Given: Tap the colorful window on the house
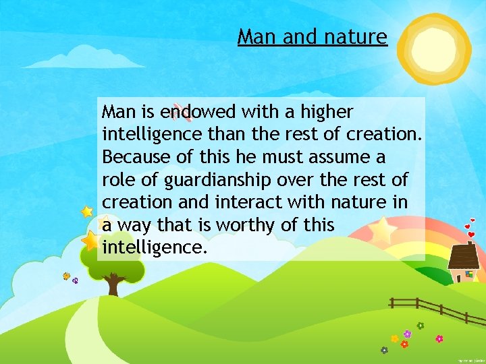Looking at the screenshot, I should pos(468,274).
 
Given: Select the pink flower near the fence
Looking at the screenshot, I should pos(439,338).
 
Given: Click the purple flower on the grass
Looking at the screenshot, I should pos(407,334).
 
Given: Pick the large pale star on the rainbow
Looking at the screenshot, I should pos(382,230).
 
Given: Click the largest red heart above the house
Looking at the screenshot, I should pos(472,235).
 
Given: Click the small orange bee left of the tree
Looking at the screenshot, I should pos(66,276).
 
